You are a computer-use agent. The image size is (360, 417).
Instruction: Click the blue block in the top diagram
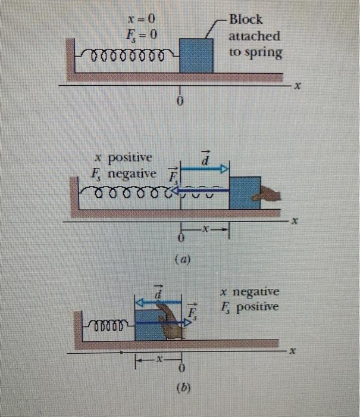[x=196, y=55]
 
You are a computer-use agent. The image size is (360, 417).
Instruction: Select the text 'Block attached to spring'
[x=254, y=35]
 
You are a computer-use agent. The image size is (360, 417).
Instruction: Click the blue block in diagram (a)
[x=244, y=193]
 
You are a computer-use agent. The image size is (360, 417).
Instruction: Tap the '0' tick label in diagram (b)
[x=181, y=373]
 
